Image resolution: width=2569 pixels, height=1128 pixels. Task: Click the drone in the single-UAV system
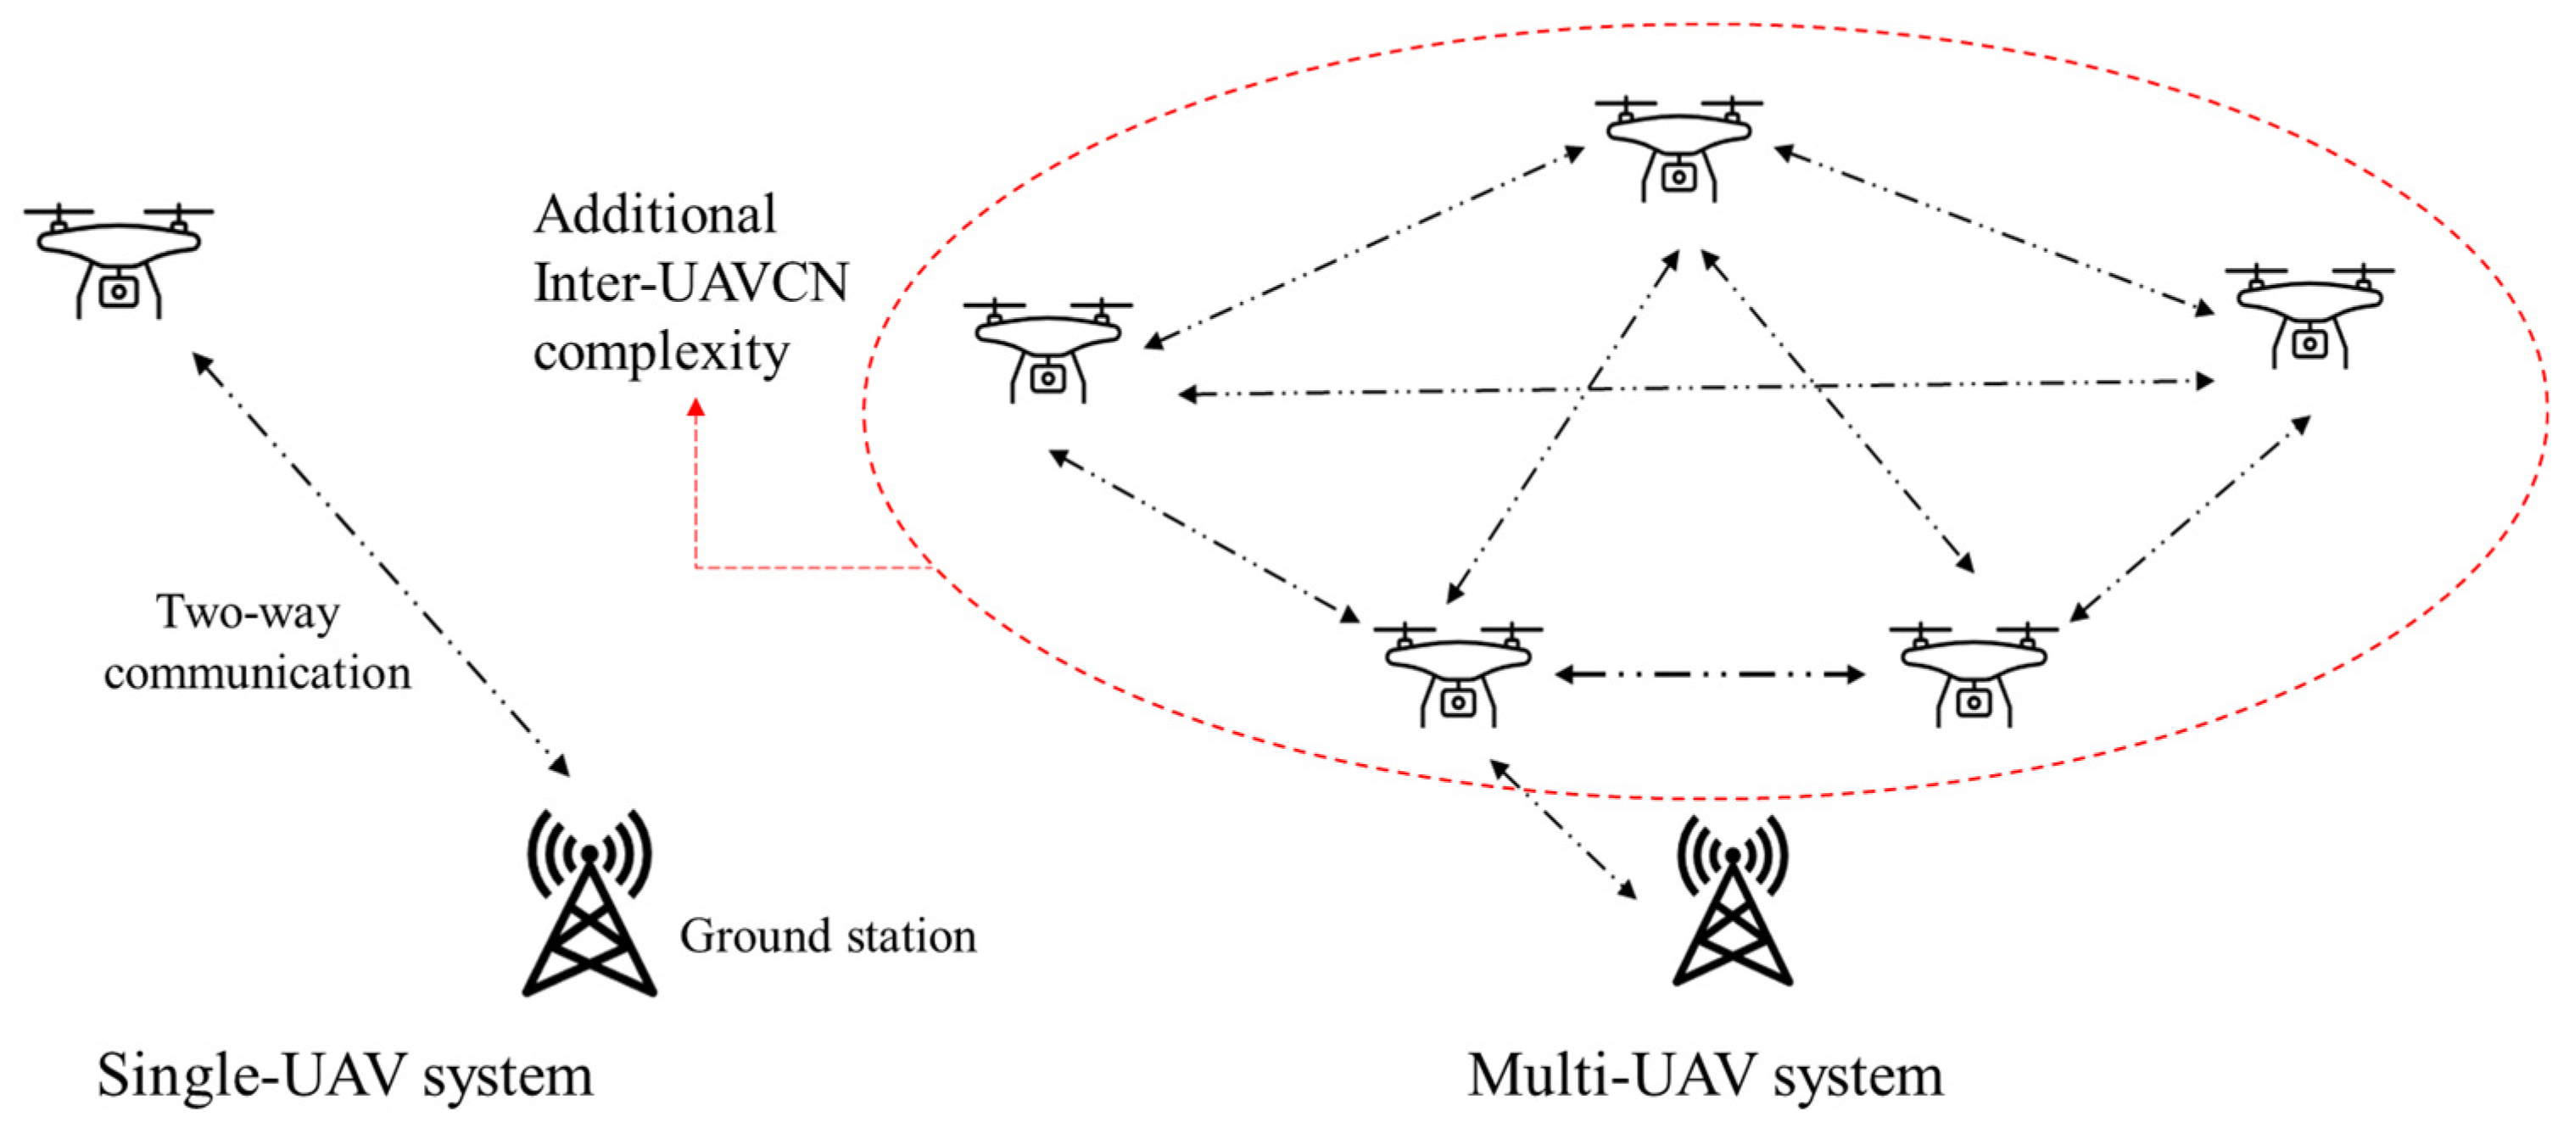click(119, 260)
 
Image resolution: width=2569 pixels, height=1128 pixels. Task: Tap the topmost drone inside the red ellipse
click(1678, 149)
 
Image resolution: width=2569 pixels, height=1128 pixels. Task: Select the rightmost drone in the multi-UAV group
click(2309, 316)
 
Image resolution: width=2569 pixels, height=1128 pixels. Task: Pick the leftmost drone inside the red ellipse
click(1048, 350)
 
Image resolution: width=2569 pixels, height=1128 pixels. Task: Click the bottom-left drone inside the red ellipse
click(1458, 675)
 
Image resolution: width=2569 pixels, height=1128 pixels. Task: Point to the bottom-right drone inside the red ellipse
click(1974, 675)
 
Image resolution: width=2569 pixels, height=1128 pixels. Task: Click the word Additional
click(656, 215)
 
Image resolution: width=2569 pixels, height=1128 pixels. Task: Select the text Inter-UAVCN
click(691, 282)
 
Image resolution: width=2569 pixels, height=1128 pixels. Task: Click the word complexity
click(662, 352)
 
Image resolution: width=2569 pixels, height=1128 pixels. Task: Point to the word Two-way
click(249, 612)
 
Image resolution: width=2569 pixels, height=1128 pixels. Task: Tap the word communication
click(257, 673)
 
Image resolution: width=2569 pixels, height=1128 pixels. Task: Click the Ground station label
click(828, 936)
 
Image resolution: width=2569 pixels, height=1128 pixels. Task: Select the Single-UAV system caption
click(345, 1076)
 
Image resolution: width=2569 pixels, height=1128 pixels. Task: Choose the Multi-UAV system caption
click(1706, 1076)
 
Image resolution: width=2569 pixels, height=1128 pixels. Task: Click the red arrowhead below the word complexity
click(696, 407)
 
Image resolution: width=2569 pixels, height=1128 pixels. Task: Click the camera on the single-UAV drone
click(119, 291)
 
